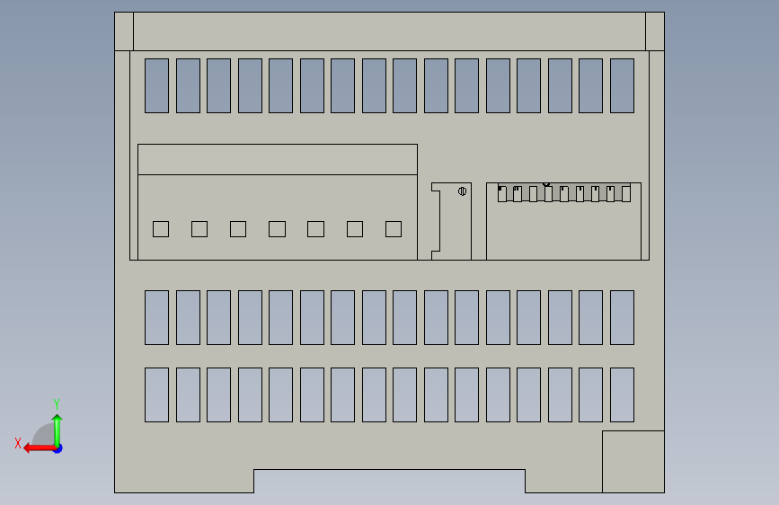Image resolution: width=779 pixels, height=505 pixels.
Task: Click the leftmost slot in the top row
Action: click(156, 85)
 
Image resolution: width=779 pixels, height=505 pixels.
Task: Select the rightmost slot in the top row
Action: click(622, 85)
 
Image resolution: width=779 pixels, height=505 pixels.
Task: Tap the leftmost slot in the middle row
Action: click(156, 317)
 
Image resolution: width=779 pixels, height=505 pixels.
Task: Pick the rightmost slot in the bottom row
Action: click(622, 394)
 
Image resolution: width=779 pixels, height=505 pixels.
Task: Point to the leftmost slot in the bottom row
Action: click(156, 394)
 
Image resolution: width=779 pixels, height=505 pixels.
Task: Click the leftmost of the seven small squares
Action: click(161, 229)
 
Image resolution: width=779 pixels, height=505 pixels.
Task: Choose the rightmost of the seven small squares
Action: click(394, 229)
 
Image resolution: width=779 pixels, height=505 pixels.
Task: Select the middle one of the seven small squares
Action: click(277, 229)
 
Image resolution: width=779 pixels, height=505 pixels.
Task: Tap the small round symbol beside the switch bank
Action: click(462, 190)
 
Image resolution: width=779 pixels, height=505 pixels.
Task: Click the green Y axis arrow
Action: click(57, 426)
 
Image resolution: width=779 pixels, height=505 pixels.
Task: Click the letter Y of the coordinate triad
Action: click(57, 403)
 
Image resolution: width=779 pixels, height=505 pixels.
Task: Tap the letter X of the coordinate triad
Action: click(17, 443)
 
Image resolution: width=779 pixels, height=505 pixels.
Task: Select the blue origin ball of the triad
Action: click(58, 447)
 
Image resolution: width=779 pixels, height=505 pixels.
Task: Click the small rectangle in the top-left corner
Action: click(124, 31)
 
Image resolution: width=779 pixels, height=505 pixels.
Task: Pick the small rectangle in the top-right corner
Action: click(655, 31)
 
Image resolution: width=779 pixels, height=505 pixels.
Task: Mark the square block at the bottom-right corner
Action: click(633, 461)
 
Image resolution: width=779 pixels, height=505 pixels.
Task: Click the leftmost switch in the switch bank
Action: click(503, 193)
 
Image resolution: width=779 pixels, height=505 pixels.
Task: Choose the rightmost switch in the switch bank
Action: click(626, 193)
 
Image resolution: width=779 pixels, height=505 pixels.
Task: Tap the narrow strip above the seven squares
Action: click(277, 159)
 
